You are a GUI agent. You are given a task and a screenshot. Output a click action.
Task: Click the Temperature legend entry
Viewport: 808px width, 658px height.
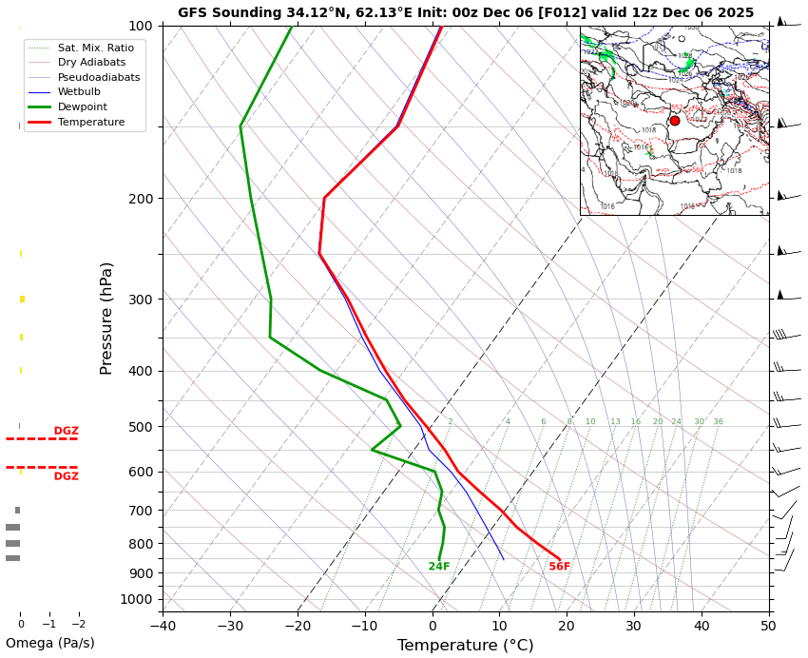coord(90,123)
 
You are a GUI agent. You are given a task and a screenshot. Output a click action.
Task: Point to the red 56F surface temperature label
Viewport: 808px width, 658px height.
coord(559,567)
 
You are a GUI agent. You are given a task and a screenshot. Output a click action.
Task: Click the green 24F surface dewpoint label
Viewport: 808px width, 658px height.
coord(439,567)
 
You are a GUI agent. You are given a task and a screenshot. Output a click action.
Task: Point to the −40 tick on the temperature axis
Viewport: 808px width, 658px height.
coord(163,625)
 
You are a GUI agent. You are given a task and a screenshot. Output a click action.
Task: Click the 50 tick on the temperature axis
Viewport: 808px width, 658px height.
coord(768,625)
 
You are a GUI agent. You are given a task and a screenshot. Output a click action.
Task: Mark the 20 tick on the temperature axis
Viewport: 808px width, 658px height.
coord(567,625)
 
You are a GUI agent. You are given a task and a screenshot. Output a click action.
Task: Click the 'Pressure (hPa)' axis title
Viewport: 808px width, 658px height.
coord(106,318)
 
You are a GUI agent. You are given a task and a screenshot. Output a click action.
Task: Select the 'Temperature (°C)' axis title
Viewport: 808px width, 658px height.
coord(465,646)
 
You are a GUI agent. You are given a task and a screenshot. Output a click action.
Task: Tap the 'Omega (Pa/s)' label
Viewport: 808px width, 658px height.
coord(50,644)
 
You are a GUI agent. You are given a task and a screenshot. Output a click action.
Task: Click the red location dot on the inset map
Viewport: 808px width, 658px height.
coord(675,121)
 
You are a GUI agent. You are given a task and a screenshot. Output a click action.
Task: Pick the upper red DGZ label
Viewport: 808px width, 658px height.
coord(66,431)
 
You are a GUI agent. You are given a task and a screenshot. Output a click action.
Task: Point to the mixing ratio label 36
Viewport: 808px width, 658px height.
coord(718,422)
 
